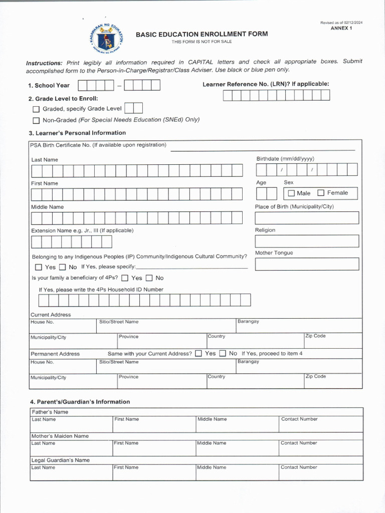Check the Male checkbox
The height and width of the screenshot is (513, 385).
click(291, 193)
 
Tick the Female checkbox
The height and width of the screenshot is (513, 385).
click(321, 193)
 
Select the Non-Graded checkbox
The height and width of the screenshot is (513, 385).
click(36, 120)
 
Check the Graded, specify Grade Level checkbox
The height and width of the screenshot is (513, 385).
click(36, 109)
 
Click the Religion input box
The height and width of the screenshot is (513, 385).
click(307, 241)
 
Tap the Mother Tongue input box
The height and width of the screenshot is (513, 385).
click(307, 264)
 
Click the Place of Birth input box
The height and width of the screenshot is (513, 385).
click(307, 218)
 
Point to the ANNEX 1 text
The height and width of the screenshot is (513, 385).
click(341, 29)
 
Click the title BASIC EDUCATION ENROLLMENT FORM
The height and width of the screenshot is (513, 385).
click(202, 34)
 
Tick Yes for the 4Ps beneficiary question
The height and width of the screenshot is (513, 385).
click(125, 278)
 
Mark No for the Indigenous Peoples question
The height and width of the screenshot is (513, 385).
click(63, 268)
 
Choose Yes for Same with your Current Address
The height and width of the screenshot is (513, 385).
click(199, 354)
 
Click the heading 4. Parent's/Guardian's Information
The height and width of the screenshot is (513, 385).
click(80, 402)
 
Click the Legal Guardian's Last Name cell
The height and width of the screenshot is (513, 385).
click(71, 472)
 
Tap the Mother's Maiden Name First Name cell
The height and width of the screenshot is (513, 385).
click(154, 448)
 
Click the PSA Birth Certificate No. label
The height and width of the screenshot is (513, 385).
click(98, 145)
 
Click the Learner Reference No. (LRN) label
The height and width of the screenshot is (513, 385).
click(266, 84)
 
